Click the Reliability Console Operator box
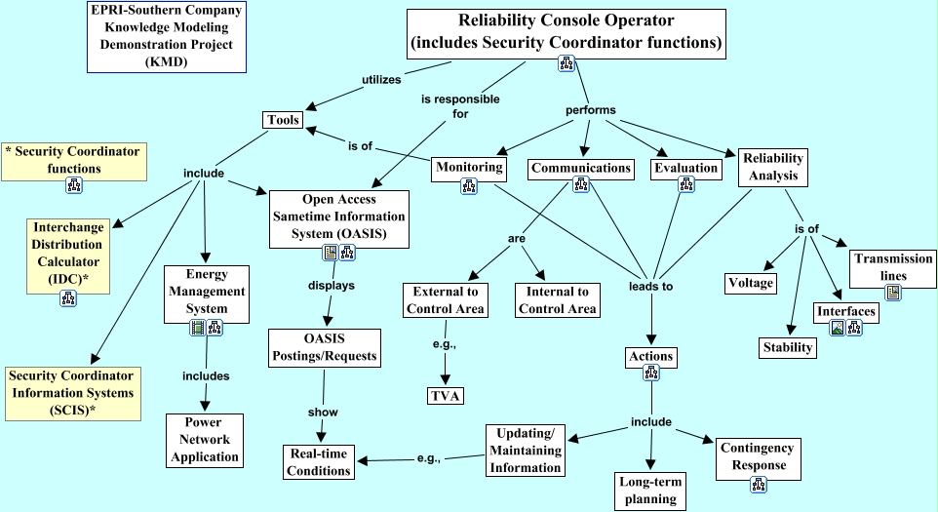(566, 33)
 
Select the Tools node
(282, 120)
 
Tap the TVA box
(445, 395)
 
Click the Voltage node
(751, 283)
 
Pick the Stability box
(787, 346)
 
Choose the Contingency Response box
(752, 456)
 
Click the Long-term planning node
(651, 491)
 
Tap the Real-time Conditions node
(319, 462)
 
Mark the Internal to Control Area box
(556, 300)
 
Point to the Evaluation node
(685, 168)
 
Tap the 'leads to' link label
(650, 287)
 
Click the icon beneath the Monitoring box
(468, 187)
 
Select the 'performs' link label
(591, 110)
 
